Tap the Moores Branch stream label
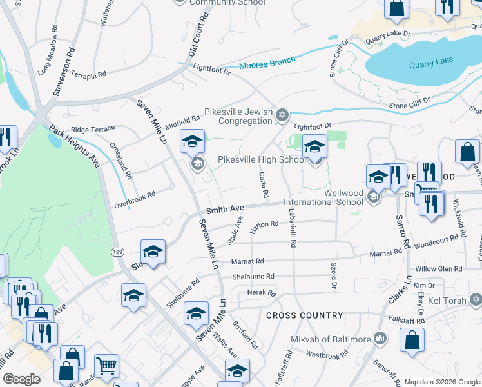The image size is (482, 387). [267, 63]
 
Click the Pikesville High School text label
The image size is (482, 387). [262, 159]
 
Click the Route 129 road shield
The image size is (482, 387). [117, 251]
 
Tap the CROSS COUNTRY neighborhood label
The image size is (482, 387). [304, 315]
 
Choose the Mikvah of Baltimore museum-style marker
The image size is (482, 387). [380, 339]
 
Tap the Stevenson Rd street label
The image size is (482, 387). [64, 72]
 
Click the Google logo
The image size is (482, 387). [22, 379]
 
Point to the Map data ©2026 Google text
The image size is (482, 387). [441, 382]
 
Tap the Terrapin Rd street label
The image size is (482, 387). [88, 75]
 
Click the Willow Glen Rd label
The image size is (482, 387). [438, 269]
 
